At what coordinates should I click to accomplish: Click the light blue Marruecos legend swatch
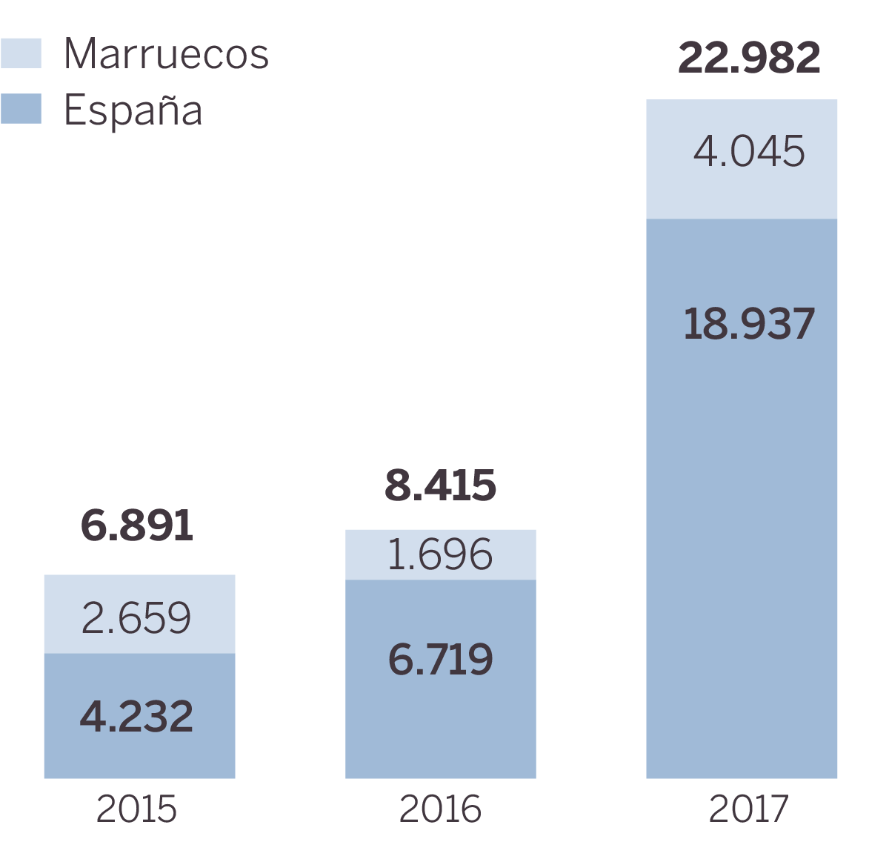(x=21, y=53)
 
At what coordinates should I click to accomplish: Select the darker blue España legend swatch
(x=21, y=109)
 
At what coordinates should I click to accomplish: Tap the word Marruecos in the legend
(x=166, y=53)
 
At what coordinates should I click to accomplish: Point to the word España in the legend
(x=133, y=110)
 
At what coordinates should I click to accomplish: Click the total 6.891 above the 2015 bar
(x=137, y=526)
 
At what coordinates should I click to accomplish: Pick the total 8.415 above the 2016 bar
(x=440, y=485)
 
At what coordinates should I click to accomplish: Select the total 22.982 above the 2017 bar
(x=749, y=58)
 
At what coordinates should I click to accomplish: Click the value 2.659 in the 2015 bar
(x=136, y=618)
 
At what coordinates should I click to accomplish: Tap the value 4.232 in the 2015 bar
(x=137, y=717)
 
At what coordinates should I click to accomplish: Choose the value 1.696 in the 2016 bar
(x=440, y=554)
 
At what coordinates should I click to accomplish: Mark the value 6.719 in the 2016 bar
(x=440, y=660)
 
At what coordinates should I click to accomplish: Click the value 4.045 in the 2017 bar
(x=749, y=151)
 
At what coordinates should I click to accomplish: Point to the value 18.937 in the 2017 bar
(x=749, y=325)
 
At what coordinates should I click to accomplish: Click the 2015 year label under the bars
(x=137, y=809)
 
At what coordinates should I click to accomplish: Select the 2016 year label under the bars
(x=440, y=809)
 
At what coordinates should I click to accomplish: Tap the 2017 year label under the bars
(x=749, y=809)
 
